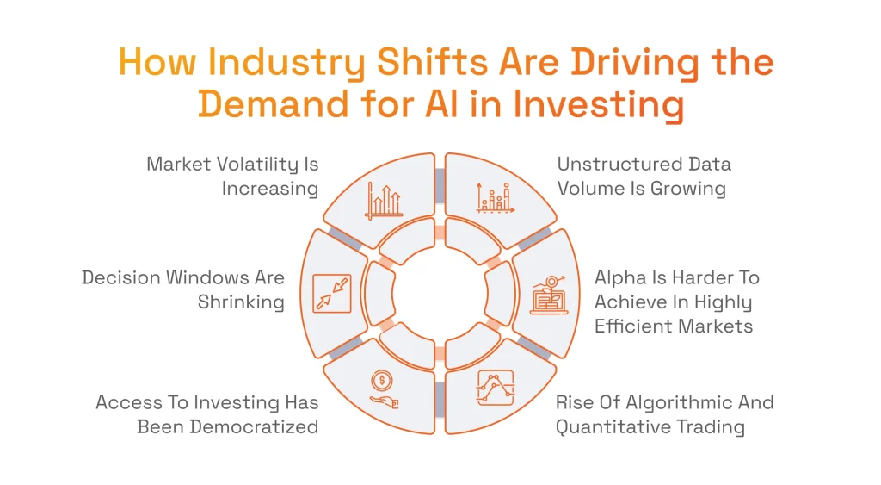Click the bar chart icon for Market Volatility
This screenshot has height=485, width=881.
pos(384,199)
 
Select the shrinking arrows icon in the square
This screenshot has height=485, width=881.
pos(331,293)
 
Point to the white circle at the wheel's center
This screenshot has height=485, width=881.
pos(440,294)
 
